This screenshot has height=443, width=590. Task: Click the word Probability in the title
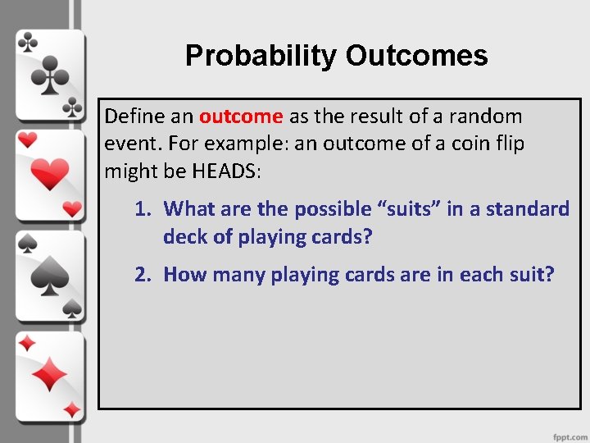pos(261,56)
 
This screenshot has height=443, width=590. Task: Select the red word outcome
pos(241,116)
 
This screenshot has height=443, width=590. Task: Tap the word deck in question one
pos(184,236)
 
